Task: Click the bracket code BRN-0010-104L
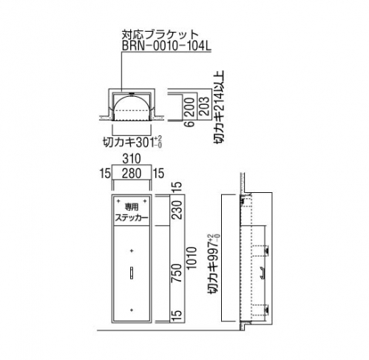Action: (x=166, y=46)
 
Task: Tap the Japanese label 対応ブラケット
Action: (x=160, y=35)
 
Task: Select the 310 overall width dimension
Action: (x=132, y=159)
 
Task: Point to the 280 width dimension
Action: (x=132, y=173)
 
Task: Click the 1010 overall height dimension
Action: (x=191, y=257)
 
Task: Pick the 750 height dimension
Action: (x=177, y=273)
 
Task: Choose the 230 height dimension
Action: (x=177, y=210)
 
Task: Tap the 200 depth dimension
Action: (x=190, y=107)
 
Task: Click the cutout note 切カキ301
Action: (x=132, y=142)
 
